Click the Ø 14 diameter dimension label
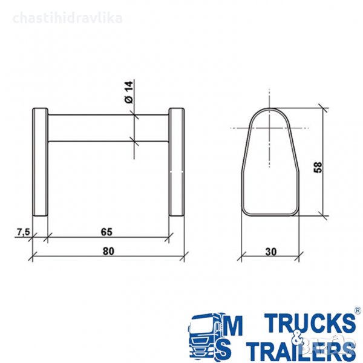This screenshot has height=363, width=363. pyautogui.click(x=129, y=92)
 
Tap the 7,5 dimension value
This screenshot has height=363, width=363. pyautogui.click(x=24, y=232)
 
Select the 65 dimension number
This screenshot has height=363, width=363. pyautogui.click(x=106, y=232)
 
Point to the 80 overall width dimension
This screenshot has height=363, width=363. pyautogui.click(x=108, y=251)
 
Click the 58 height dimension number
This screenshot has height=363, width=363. pyautogui.click(x=318, y=167)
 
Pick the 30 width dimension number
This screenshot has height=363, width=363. pyautogui.click(x=270, y=252)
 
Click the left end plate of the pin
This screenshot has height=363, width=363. pyautogui.click(x=40, y=162)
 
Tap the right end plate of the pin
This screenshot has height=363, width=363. pyautogui.click(x=177, y=162)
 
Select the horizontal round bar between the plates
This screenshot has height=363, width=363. pyautogui.click(x=108, y=128)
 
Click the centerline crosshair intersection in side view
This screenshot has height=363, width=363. pyautogui.click(x=269, y=128)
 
